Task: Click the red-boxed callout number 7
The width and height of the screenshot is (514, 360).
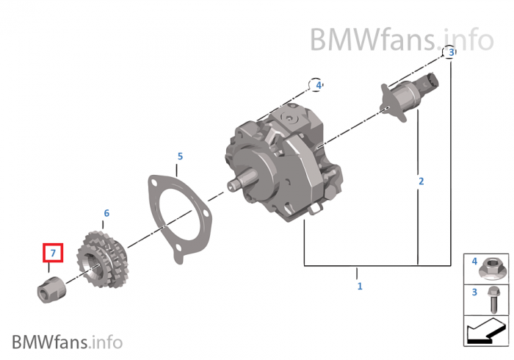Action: click(x=53, y=253)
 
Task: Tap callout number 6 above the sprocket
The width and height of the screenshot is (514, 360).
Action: click(x=106, y=213)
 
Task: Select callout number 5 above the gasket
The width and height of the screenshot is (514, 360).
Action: click(x=180, y=156)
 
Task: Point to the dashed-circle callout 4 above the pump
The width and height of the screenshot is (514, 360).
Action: click(x=318, y=85)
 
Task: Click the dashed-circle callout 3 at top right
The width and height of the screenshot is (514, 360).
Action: click(x=451, y=51)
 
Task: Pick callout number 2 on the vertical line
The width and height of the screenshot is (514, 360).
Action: click(x=421, y=181)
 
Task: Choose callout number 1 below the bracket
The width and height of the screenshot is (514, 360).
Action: click(x=359, y=286)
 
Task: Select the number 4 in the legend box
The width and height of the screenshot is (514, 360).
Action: click(x=474, y=262)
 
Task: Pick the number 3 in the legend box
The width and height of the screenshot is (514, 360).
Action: click(x=474, y=292)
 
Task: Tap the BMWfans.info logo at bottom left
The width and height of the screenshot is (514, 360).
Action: click(x=67, y=342)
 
